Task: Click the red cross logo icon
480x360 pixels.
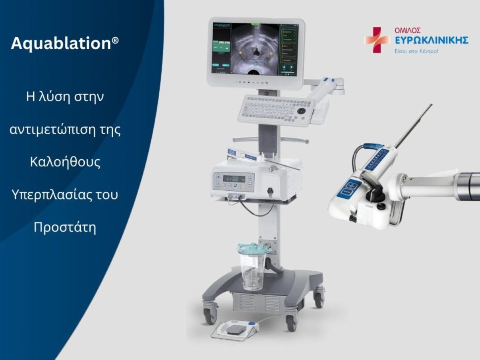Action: pos(376,40)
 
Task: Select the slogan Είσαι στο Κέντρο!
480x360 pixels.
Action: pos(416,51)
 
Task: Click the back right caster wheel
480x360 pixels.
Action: pos(319,298)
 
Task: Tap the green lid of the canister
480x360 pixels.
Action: pos(254,248)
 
